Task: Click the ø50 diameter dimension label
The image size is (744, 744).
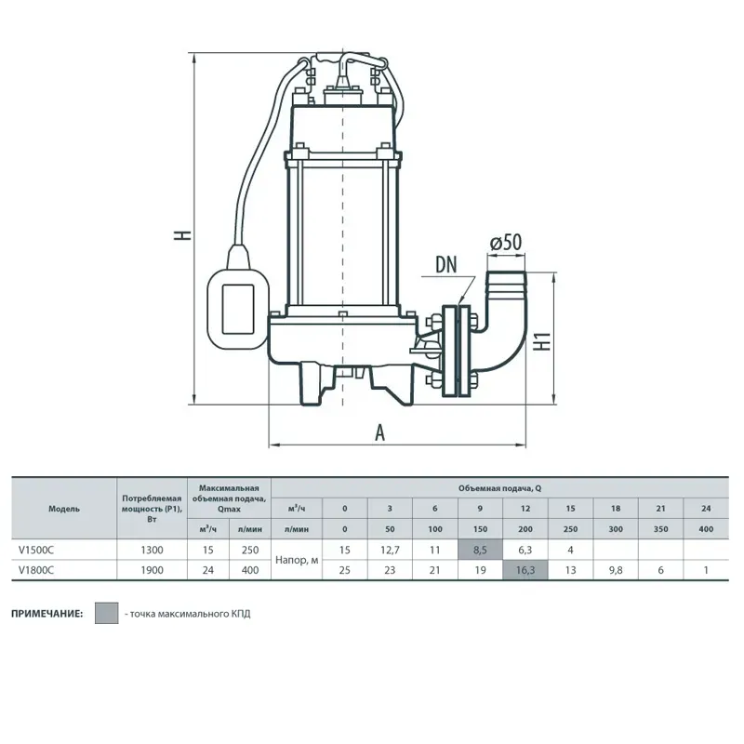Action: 506,243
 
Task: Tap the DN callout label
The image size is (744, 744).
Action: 445,265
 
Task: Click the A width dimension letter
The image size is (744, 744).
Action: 379,432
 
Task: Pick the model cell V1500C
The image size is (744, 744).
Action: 36,550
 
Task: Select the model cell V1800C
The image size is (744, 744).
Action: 36,570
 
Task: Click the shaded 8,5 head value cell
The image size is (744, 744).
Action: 480,550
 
